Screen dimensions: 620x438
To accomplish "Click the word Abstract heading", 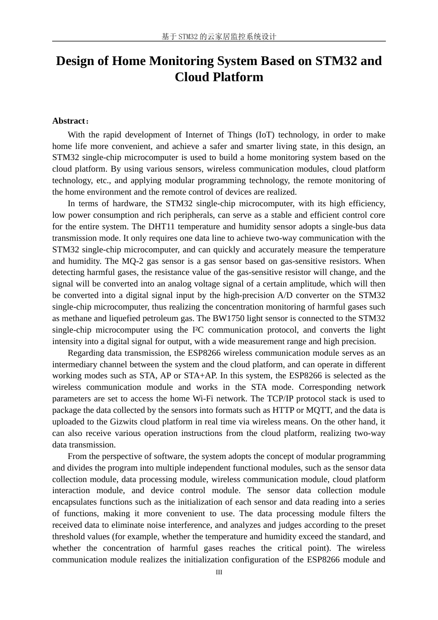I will coord(69,121).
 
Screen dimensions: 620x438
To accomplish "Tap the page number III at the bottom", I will coord(219,572).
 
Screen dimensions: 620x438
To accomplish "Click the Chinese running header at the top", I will coord(219,36).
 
